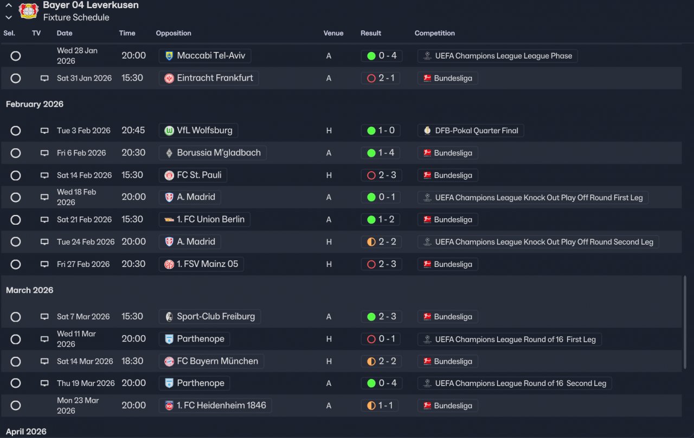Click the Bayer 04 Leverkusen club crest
pyautogui.click(x=28, y=11)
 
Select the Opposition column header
pyautogui.click(x=173, y=33)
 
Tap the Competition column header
pyautogui.click(x=434, y=33)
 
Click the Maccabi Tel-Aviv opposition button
pyautogui.click(x=205, y=56)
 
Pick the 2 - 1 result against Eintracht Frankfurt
pyautogui.click(x=381, y=78)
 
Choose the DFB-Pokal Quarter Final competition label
pyautogui.click(x=471, y=130)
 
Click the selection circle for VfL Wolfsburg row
pyautogui.click(x=16, y=130)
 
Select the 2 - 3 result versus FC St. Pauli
pyautogui.click(x=381, y=175)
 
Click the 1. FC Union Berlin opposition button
pyautogui.click(x=204, y=219)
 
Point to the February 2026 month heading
pyautogui.click(x=35, y=104)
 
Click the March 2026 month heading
pyautogui.click(x=30, y=290)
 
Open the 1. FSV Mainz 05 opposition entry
pyautogui.click(x=201, y=264)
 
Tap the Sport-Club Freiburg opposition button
pyautogui.click(x=210, y=316)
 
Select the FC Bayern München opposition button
pyautogui.click(x=211, y=361)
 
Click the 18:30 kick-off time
pyautogui.click(x=132, y=361)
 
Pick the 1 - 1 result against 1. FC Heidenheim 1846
pyautogui.click(x=381, y=406)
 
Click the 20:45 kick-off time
pyautogui.click(x=133, y=130)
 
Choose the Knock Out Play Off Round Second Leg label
pyautogui.click(x=538, y=242)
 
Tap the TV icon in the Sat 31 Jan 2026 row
pyautogui.click(x=44, y=78)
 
